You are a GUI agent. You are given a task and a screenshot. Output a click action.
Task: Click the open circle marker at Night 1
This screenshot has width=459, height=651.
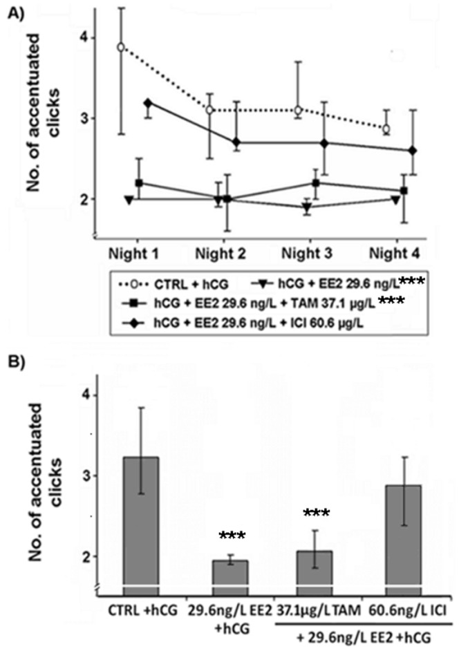point(121,47)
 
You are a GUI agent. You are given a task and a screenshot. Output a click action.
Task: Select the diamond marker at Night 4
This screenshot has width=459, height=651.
point(412,150)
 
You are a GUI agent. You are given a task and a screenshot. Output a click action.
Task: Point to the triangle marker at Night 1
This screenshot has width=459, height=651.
point(129,199)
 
